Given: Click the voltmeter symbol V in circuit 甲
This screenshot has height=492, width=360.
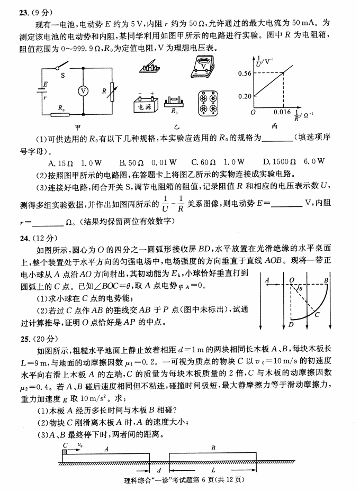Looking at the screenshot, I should click(83, 90).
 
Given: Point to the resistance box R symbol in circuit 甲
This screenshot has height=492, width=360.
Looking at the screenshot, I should click(112, 90).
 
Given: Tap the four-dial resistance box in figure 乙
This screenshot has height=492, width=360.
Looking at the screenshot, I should click(208, 103).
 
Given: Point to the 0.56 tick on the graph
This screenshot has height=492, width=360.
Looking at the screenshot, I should click(244, 73).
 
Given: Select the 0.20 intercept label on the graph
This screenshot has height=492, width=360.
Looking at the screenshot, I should click(244, 96).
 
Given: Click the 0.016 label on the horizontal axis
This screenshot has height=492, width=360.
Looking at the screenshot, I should click(283, 113).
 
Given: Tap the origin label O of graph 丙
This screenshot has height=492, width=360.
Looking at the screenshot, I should click(253, 113).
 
